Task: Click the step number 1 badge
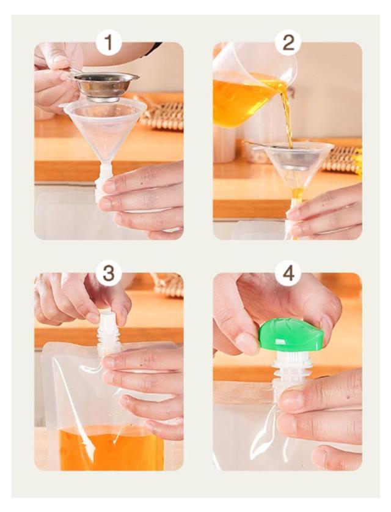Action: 109,42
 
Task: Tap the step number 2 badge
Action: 288,42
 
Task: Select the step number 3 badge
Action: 109,273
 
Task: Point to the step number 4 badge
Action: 288,273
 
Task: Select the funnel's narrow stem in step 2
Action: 297,199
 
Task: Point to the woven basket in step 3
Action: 168,285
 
